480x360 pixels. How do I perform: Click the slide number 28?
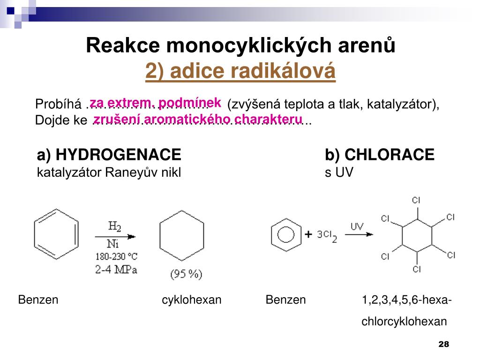(x=443, y=345)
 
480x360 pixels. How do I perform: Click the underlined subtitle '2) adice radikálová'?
(x=240, y=71)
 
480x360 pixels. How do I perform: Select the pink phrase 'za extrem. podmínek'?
(x=155, y=102)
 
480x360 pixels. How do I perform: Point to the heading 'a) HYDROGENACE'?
(x=109, y=154)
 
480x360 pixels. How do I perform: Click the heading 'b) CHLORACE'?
(x=379, y=154)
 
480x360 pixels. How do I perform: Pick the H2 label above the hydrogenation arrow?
(x=115, y=226)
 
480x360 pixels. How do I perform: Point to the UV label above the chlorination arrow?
(x=357, y=226)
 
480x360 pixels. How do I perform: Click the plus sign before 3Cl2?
(x=308, y=235)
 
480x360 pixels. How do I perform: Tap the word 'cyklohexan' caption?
(x=191, y=300)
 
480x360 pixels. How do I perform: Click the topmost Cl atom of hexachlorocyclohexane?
(x=416, y=200)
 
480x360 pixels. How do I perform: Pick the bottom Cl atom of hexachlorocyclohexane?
(x=417, y=269)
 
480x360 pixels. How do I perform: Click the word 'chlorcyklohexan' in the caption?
(x=404, y=322)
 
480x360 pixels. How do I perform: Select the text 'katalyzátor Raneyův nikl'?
(x=109, y=173)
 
